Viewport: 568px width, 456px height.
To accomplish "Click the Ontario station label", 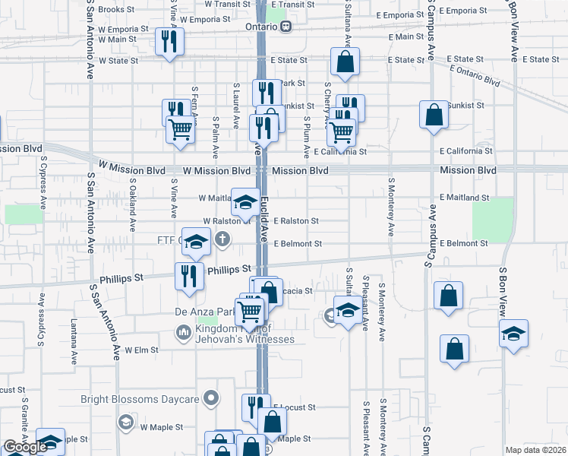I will pos(258,26).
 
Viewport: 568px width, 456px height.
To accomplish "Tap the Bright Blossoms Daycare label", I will pos(140,399).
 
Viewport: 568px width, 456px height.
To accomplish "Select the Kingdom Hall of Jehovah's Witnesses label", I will pos(235,333).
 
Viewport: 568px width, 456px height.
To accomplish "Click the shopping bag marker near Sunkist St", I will pos(434,115).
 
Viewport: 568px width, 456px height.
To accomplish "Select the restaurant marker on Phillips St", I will pos(188,277).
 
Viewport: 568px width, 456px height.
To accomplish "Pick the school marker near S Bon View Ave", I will pos(513,334).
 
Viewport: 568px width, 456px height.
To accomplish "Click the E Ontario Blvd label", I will pos(476,74).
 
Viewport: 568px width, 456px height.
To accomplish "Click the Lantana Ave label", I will pos(74,340).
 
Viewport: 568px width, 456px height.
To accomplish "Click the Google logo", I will pos(25,447).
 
